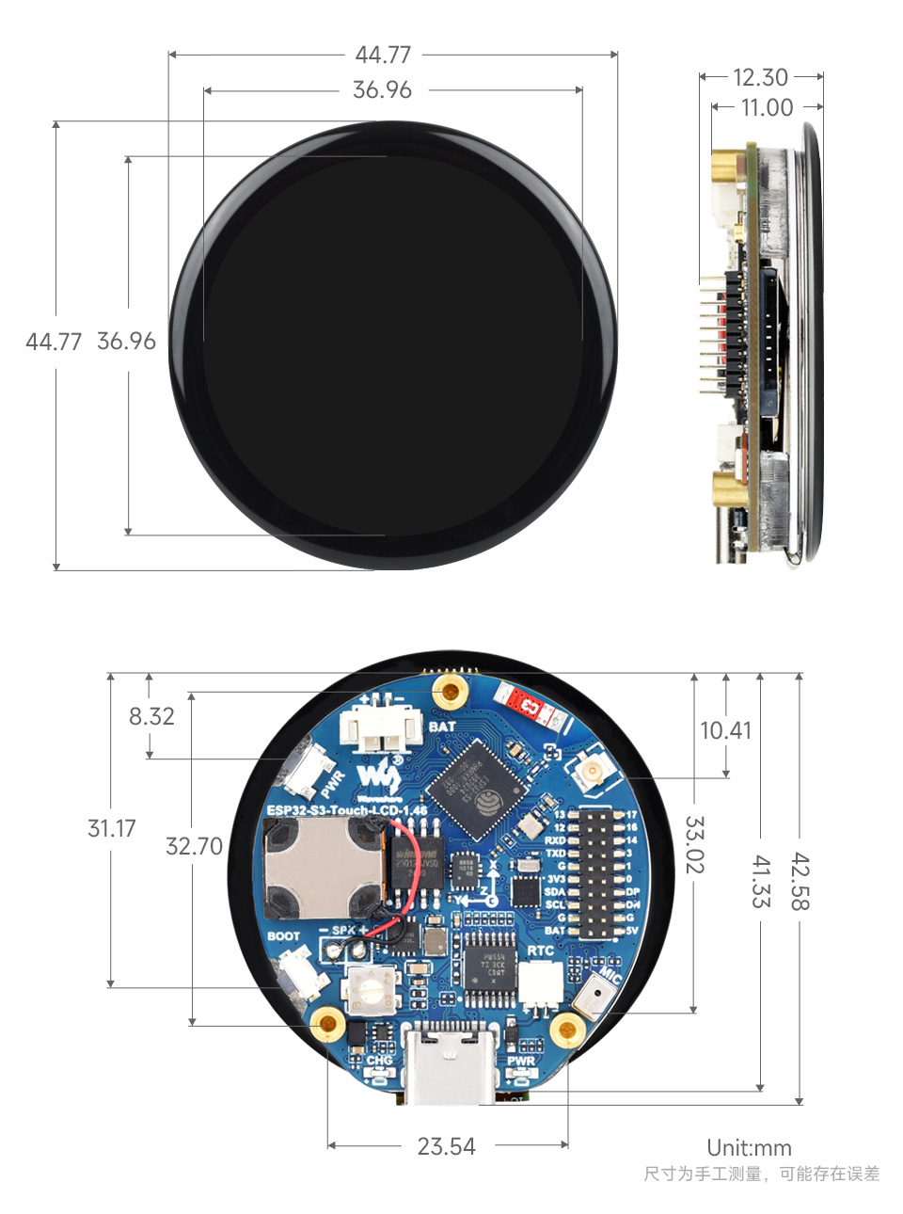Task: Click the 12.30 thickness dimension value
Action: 760,77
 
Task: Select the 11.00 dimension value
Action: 767,107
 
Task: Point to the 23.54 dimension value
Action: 446,1146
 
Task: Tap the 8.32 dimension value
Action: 151,716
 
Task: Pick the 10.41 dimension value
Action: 725,730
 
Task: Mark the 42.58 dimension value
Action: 799,881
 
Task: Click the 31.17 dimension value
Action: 111,828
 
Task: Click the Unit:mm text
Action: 749,1148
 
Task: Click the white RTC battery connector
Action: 537,986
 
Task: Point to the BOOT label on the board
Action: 283,936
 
